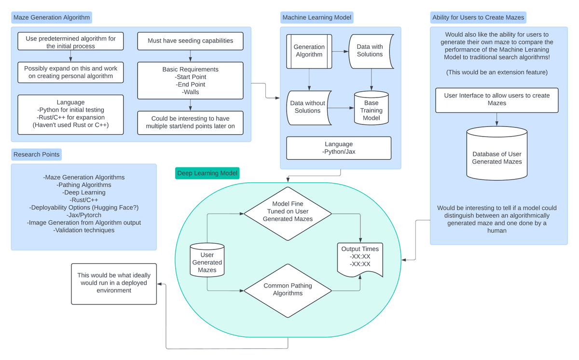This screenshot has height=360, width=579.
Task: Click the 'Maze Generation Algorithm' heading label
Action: click(52, 17)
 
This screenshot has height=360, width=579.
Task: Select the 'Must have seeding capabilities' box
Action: click(190, 41)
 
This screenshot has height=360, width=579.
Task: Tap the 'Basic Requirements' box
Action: click(190, 81)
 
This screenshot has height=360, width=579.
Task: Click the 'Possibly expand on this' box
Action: click(70, 72)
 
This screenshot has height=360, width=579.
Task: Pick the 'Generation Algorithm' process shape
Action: click(309, 52)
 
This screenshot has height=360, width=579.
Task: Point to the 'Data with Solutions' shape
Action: click(371, 52)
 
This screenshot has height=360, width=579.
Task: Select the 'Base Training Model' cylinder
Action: click(371, 108)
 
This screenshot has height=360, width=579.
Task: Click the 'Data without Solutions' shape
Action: click(309, 108)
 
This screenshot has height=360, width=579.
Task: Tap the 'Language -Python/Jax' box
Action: click(339, 148)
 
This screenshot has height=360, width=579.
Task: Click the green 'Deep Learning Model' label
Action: click(207, 173)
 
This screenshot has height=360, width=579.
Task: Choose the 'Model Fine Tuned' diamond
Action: click(288, 214)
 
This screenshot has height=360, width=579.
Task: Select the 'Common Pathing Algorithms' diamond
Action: click(288, 291)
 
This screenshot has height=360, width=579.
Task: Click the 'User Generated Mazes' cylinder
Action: click(207, 260)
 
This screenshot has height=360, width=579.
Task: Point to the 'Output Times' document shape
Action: click(360, 260)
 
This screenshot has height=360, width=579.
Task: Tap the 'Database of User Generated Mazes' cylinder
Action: click(497, 153)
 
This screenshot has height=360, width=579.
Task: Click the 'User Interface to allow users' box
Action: click(497, 100)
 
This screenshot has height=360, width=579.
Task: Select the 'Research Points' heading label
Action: click(37, 154)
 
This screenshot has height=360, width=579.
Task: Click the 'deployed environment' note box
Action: click(114, 284)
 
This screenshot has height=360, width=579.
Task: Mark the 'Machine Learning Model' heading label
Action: click(317, 17)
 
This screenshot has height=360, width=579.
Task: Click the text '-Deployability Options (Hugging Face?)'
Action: click(84, 208)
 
